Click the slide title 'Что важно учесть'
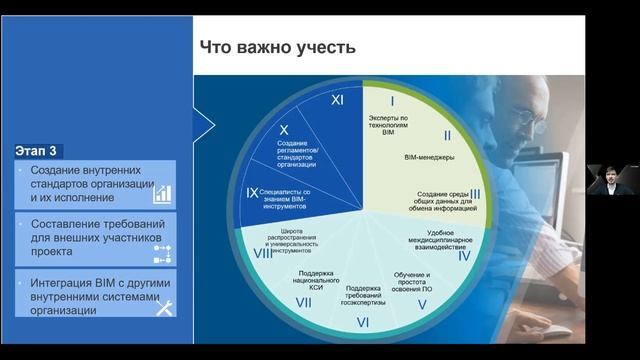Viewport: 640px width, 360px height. click(x=277, y=47)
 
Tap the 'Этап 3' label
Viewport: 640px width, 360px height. click(x=37, y=151)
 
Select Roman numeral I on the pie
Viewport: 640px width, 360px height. click(x=392, y=101)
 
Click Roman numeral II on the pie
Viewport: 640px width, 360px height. click(x=448, y=134)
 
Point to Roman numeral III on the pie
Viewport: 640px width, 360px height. click(x=475, y=194)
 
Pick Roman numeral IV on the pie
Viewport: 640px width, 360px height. click(x=464, y=255)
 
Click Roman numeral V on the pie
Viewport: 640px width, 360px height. click(x=422, y=303)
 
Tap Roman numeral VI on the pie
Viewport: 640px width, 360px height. click(x=363, y=321)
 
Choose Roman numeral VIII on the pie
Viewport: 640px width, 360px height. click(x=263, y=253)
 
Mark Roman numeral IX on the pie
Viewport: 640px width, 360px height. click(x=252, y=190)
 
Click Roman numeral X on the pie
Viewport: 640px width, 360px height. click(x=284, y=130)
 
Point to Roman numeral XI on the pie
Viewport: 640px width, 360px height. click(x=337, y=101)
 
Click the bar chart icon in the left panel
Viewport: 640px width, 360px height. click(x=161, y=193)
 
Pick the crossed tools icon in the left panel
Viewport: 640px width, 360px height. click(x=163, y=308)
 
